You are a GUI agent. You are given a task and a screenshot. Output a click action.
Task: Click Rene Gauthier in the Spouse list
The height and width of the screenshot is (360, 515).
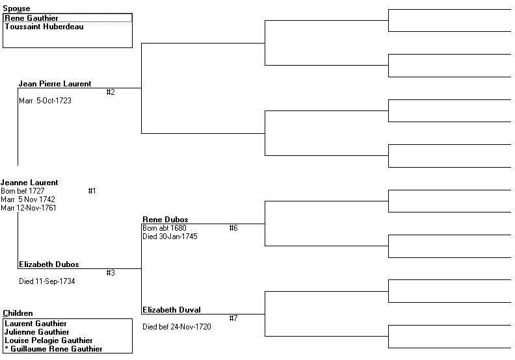(x=31, y=18)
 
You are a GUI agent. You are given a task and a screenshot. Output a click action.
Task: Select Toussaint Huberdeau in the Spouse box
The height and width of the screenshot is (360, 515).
(x=44, y=27)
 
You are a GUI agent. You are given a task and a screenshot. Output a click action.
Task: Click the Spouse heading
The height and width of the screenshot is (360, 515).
(x=16, y=8)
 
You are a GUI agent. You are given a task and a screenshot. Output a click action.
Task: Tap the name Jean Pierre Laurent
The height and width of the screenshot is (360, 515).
(x=55, y=84)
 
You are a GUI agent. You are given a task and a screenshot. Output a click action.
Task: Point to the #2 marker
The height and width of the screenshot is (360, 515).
(x=111, y=92)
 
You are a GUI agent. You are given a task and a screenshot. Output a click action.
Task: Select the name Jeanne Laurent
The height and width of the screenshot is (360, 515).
(x=29, y=183)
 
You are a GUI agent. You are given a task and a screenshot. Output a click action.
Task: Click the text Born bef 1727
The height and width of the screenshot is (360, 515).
(x=22, y=191)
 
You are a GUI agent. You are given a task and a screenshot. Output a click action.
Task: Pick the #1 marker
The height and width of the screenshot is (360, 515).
(x=92, y=191)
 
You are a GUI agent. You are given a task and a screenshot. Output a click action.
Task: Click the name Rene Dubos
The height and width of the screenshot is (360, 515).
(x=165, y=220)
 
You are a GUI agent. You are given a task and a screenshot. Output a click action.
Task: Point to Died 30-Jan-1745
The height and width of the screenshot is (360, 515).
(x=170, y=237)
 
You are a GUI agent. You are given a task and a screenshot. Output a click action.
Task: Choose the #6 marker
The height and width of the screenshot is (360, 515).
(x=233, y=228)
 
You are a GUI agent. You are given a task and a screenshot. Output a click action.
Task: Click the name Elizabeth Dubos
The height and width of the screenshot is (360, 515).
(x=49, y=264)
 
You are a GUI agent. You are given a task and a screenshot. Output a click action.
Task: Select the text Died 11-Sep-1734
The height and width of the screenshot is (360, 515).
(x=47, y=281)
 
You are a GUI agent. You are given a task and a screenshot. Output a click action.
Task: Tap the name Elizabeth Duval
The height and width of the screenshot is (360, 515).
(x=172, y=310)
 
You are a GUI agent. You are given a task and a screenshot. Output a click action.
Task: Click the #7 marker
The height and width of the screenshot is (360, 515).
(x=233, y=318)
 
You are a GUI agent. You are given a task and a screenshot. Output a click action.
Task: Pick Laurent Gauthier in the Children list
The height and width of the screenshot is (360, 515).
(x=36, y=324)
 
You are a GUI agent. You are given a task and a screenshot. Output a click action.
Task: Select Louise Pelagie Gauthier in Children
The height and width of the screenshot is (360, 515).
(x=49, y=341)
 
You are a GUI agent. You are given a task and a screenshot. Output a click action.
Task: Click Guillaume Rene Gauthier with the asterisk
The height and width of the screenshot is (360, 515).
(x=53, y=349)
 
